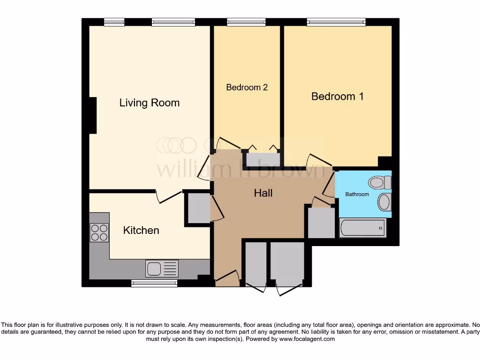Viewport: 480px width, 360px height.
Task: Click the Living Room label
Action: click(x=149, y=103)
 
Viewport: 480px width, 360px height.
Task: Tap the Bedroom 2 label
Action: click(x=247, y=87)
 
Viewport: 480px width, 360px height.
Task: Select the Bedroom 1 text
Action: click(x=337, y=96)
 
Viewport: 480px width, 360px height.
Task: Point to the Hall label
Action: click(x=263, y=193)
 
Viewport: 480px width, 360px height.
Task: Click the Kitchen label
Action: click(x=141, y=230)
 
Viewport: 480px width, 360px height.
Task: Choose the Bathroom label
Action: click(x=357, y=194)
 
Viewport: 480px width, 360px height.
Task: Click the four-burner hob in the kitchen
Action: click(x=99, y=232)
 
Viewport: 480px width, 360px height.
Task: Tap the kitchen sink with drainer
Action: click(x=162, y=269)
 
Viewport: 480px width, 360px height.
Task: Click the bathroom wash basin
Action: click(x=384, y=202)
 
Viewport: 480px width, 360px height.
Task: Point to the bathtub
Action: click(x=362, y=228)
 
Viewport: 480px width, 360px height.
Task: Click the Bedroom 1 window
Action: click(x=336, y=22)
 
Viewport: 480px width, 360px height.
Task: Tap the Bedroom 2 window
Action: click(x=246, y=22)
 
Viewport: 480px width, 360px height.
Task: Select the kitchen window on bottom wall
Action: click(x=154, y=283)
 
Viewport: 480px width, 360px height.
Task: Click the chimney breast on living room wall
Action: click(x=92, y=115)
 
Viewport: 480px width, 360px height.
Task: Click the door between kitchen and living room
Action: click(x=169, y=197)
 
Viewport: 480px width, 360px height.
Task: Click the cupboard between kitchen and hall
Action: click(x=199, y=208)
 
